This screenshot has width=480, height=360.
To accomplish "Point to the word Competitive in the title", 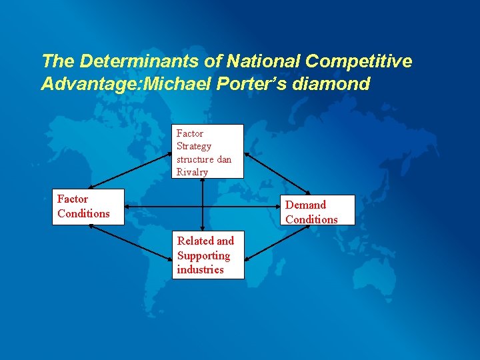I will [x=359, y=61].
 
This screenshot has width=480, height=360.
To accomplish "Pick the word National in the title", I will [x=264, y=61].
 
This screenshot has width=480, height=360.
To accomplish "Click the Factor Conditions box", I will [x=88, y=207].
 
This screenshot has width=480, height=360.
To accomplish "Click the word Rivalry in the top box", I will [x=192, y=172].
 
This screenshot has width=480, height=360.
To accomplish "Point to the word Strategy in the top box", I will [x=193, y=146].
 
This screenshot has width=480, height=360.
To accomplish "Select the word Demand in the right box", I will [x=305, y=205].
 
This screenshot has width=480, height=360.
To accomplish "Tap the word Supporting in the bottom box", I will [x=203, y=255].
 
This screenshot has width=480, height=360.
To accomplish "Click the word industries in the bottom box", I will [x=200, y=269].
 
